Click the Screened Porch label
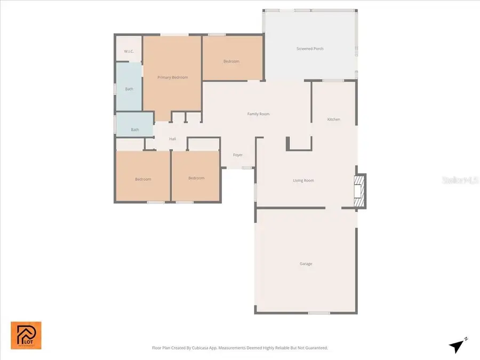coord(310,49)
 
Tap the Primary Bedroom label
coord(172,77)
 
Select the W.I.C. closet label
coord(129,51)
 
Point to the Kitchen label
coord(333,119)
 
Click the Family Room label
coord(258,114)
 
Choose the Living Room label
coord(303,180)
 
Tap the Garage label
coord(306,263)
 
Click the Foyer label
coord(238,155)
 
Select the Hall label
coord(172,139)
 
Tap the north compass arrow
coord(456,346)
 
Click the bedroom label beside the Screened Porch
coord(231,61)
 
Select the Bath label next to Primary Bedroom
coord(129,89)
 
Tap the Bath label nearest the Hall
coord(135,130)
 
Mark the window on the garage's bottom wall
coord(319,313)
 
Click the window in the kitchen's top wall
coord(333,81)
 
